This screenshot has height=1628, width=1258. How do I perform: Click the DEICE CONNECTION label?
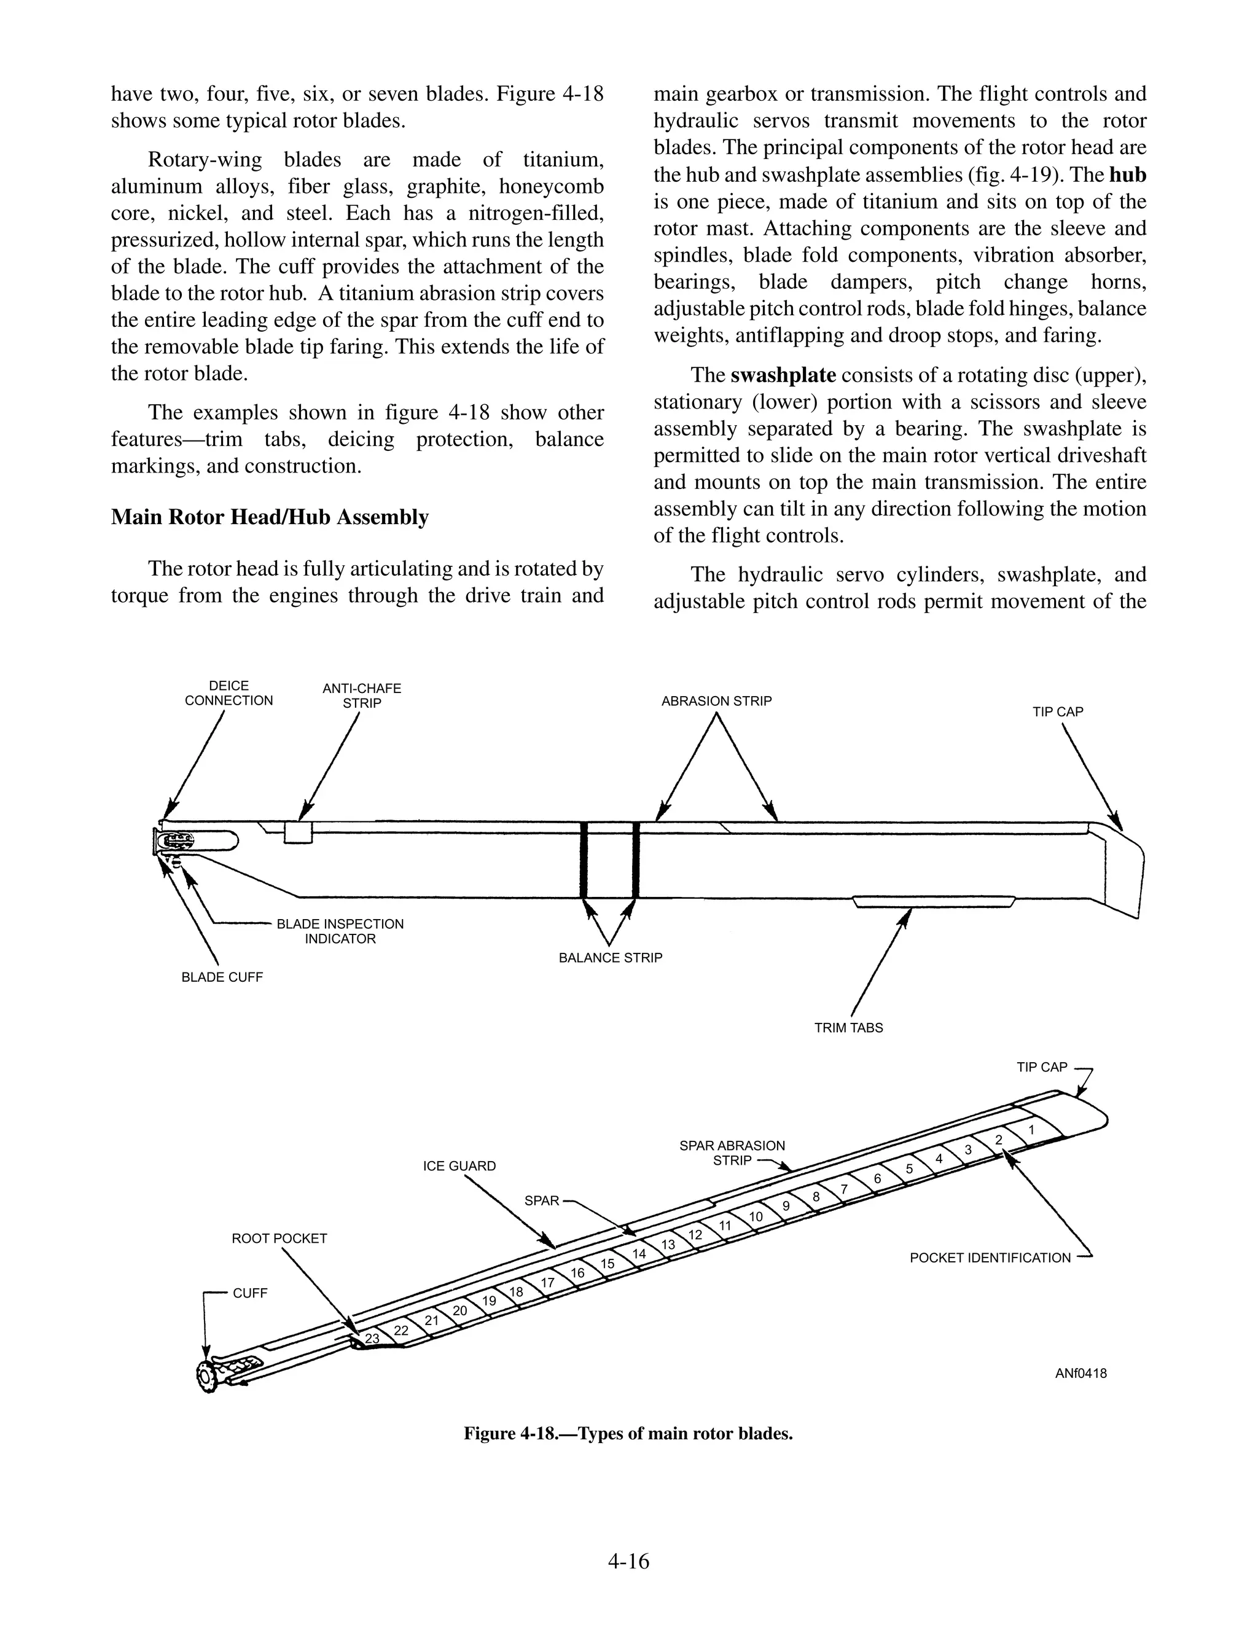229,692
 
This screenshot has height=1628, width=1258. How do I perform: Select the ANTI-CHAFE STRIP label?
361,695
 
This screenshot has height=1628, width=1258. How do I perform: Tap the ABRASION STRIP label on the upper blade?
716,701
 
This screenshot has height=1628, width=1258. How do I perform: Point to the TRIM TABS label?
848,1027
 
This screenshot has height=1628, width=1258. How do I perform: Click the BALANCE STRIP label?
611,957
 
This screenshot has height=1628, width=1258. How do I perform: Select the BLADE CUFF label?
222,977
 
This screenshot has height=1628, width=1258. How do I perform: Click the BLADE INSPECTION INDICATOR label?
340,931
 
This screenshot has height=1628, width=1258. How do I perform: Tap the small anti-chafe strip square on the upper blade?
298,832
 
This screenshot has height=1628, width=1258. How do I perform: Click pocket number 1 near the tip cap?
1031,1130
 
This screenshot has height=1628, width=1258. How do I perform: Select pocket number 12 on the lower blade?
695,1234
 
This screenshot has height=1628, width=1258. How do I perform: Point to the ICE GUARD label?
459,1166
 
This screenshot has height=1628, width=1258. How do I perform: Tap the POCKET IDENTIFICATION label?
990,1258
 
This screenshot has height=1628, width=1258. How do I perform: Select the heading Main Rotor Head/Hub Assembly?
270,517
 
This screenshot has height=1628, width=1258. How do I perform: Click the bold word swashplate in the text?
783,375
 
